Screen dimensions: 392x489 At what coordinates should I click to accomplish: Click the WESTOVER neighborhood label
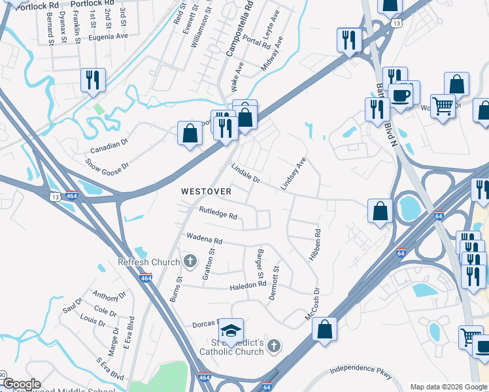pyautogui.click(x=206, y=191)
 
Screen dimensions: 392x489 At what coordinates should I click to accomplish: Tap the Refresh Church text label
pyautogui.click(x=148, y=262)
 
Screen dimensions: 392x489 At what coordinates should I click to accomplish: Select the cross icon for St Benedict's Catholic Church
pyautogui.click(x=274, y=345)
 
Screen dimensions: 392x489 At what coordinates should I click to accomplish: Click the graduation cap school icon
pyautogui.click(x=231, y=331)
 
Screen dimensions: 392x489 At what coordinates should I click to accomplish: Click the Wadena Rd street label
pyautogui.click(x=205, y=238)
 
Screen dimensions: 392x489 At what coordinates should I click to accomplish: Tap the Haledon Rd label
pyautogui.click(x=248, y=285)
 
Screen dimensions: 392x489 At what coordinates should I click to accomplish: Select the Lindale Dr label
pyautogui.click(x=246, y=173)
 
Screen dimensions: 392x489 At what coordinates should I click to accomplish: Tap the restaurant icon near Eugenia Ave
pyautogui.click(x=93, y=80)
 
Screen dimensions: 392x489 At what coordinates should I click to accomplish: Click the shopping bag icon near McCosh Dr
pyautogui.click(x=325, y=330)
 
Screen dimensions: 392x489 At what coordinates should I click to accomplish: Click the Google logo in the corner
pyautogui.click(x=22, y=384)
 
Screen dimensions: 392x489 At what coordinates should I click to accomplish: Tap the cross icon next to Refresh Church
pyautogui.click(x=190, y=262)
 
